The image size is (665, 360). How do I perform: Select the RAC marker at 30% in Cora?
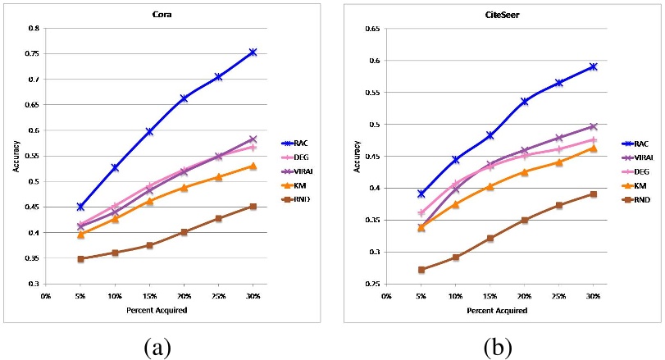click(253, 52)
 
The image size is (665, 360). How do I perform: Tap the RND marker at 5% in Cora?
click(80, 259)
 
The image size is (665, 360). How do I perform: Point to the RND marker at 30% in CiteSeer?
click(593, 194)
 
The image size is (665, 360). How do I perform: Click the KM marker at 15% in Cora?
click(149, 201)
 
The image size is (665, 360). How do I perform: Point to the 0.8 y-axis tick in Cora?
click(34, 28)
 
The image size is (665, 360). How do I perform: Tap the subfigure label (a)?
click(157, 347)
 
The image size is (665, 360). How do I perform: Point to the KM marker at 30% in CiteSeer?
click(593, 148)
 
